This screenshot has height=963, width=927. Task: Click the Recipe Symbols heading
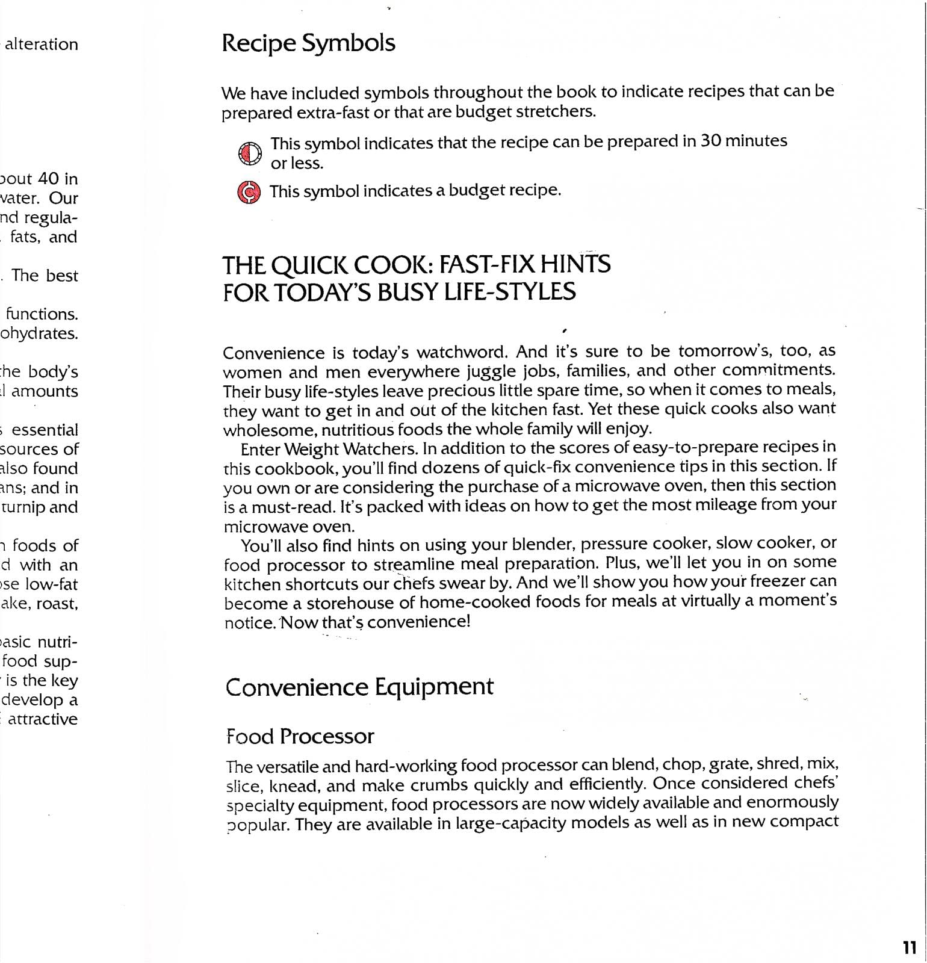pyautogui.click(x=308, y=43)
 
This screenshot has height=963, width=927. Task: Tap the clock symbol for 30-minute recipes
pyautogui.click(x=250, y=153)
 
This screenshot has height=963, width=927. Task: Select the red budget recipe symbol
pyautogui.click(x=249, y=193)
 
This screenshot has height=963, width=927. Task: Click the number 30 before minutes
pyautogui.click(x=710, y=141)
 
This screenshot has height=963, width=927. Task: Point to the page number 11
pyautogui.click(x=910, y=947)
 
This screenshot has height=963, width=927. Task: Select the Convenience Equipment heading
pyautogui.click(x=359, y=687)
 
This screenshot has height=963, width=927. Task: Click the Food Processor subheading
pyautogui.click(x=300, y=736)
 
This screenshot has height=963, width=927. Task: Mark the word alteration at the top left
pyautogui.click(x=42, y=44)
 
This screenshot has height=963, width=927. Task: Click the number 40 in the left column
pyautogui.click(x=49, y=179)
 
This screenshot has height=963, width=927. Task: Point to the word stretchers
pyautogui.click(x=555, y=111)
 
